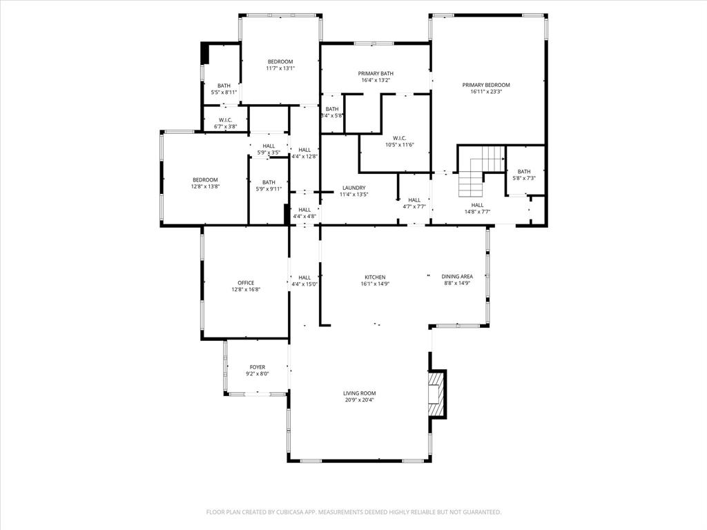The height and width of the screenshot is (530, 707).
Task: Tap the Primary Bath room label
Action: click(376, 74)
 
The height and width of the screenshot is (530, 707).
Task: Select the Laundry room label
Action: click(353, 188)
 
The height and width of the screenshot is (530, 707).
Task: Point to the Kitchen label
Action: click(375, 277)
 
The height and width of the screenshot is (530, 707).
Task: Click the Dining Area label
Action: click(457, 277)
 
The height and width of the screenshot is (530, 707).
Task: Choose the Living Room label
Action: click(360, 393)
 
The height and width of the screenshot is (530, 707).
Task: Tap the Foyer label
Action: click(258, 367)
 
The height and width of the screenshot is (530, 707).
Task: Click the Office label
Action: click(246, 283)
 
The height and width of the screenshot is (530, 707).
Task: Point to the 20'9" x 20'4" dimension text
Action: click(360, 400)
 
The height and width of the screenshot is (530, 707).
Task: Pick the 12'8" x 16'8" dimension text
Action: click(246, 290)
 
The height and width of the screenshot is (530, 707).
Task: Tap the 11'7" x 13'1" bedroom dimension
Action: click(280, 68)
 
